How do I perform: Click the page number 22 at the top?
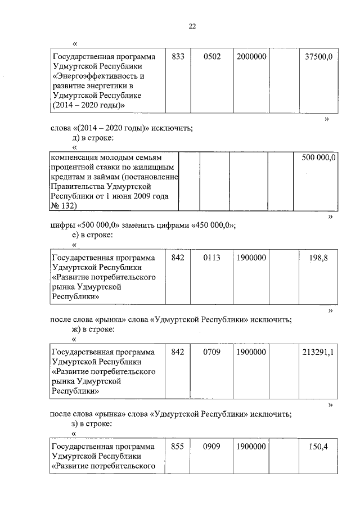tap(192, 26)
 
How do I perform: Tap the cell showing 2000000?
tap(251, 57)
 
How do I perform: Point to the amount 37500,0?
tap(318, 57)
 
